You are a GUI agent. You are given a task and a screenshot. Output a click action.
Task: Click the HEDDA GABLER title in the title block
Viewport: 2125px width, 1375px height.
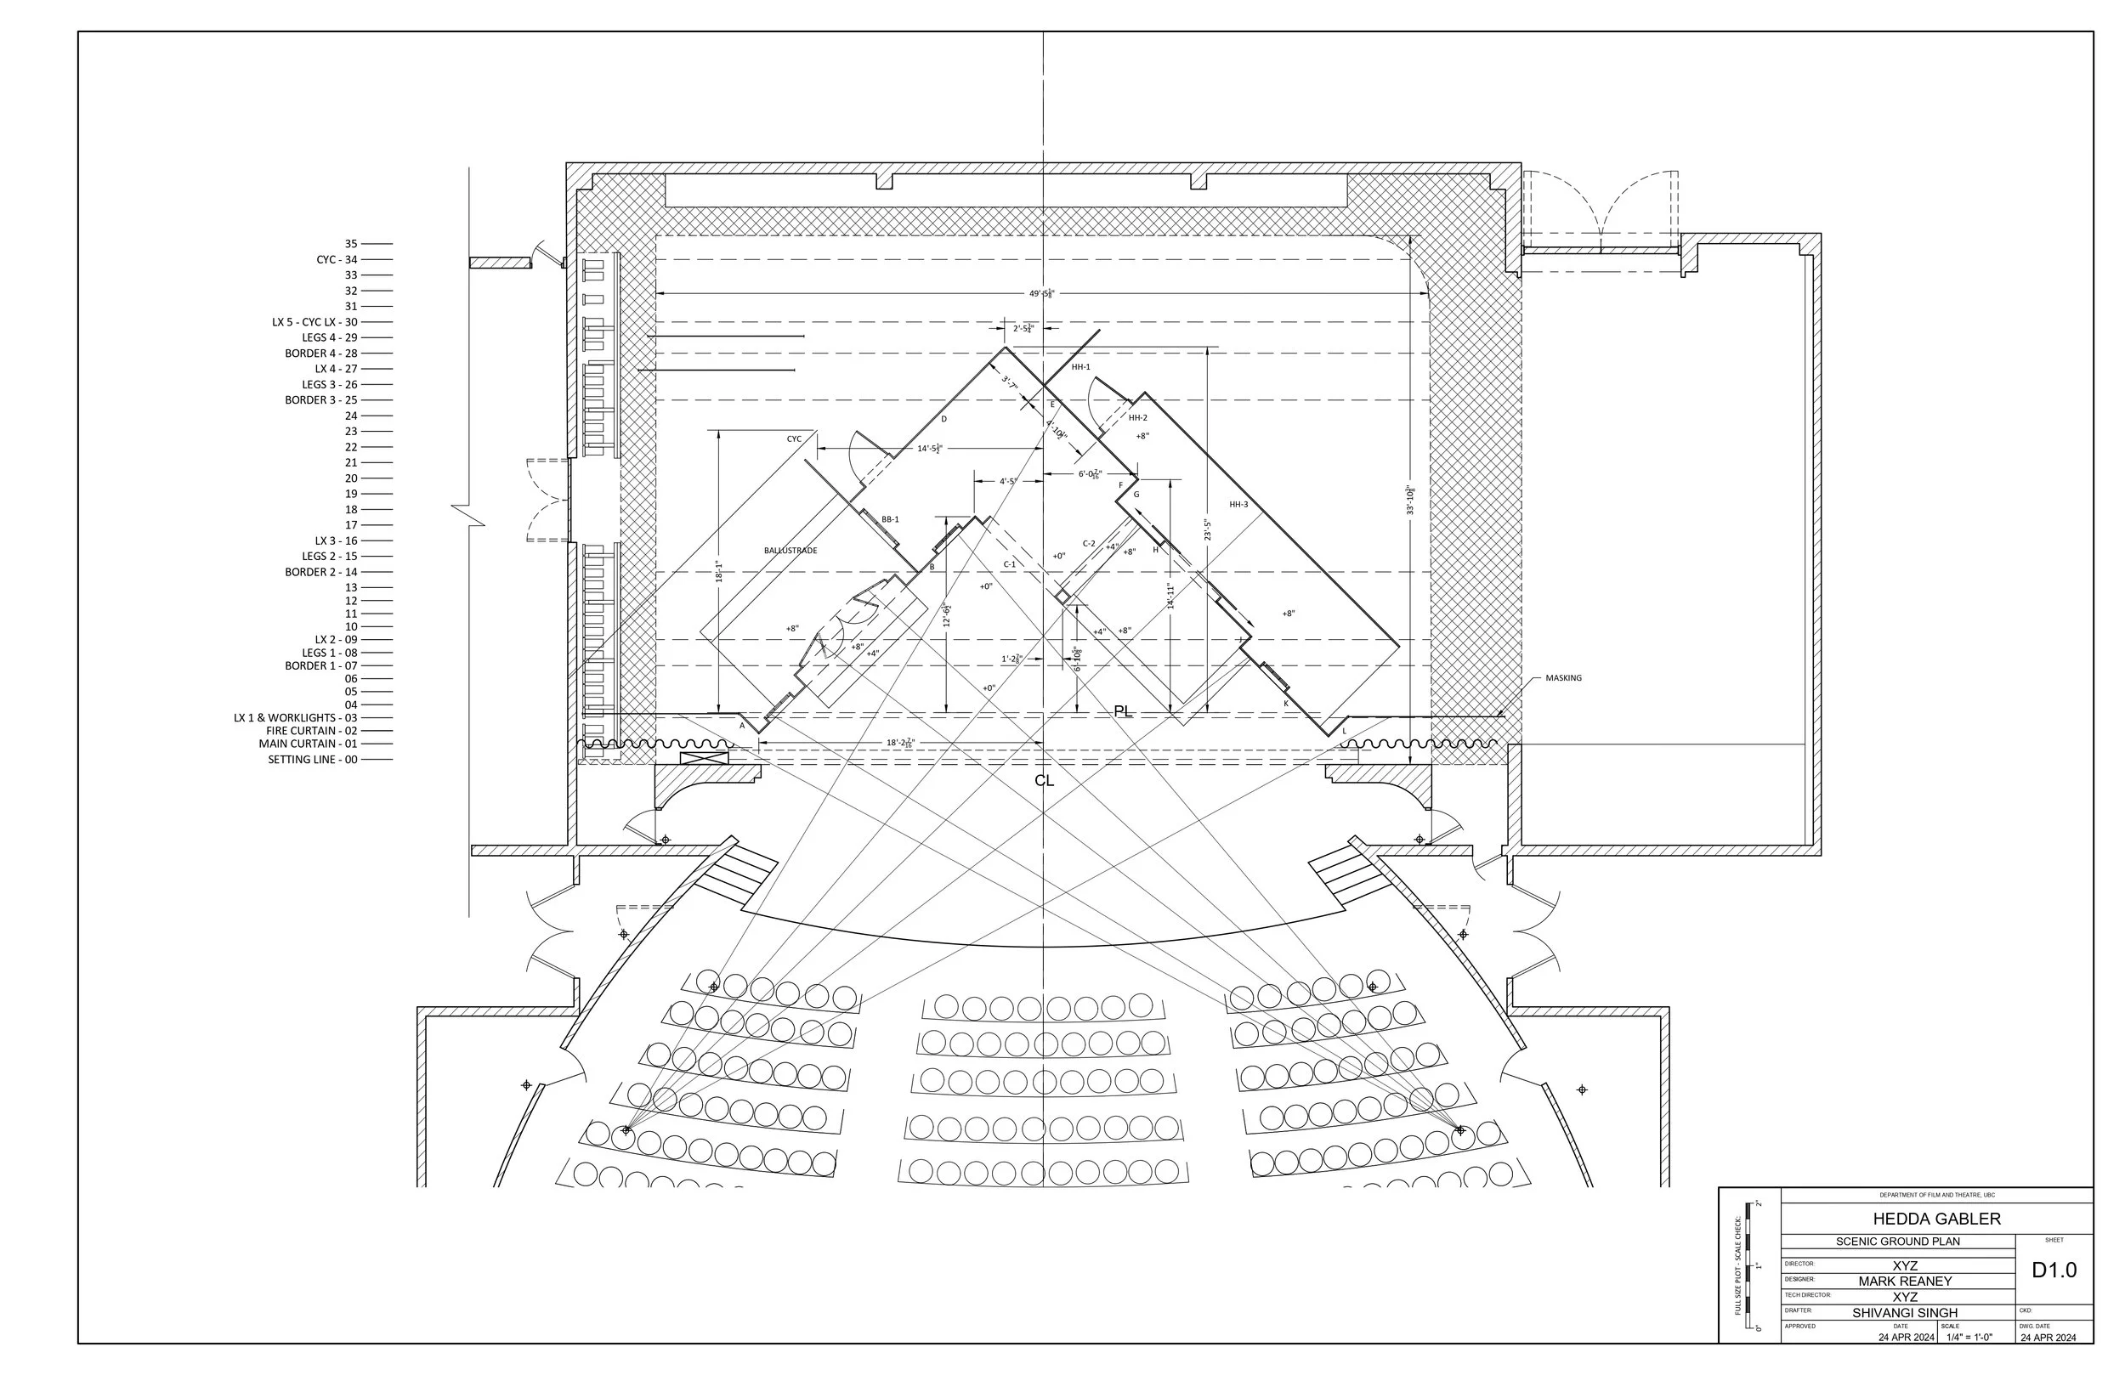[1935, 1219]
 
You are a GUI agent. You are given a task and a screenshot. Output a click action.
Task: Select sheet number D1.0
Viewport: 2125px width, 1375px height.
[2054, 1270]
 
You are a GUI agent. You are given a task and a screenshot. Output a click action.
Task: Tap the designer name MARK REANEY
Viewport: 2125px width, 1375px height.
[1905, 1282]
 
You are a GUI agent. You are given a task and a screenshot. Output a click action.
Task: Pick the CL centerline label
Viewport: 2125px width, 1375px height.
[1044, 780]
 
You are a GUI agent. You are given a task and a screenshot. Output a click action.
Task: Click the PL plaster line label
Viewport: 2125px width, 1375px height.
[1122, 711]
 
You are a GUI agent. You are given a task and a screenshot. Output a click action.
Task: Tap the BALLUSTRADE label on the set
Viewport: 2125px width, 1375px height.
[790, 551]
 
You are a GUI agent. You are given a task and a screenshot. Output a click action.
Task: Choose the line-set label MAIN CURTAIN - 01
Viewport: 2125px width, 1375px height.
[308, 744]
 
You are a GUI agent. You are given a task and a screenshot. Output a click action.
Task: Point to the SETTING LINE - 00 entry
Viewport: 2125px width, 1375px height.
[313, 760]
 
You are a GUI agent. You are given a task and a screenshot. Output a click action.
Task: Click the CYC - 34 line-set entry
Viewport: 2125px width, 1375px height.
[337, 260]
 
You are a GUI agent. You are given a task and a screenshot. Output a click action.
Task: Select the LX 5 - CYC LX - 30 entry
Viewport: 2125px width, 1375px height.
[314, 322]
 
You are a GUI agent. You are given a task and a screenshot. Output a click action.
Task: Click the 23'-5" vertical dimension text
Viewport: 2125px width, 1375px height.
[1207, 530]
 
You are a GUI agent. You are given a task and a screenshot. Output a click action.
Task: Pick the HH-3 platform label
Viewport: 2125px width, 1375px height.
[1238, 505]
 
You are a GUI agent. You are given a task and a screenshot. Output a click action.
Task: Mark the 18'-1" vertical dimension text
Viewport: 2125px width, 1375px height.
[719, 571]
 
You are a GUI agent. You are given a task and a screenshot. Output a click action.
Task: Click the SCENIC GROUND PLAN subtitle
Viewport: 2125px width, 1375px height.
[1897, 1242]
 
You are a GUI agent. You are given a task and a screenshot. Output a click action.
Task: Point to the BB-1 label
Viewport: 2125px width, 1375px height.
[890, 519]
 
